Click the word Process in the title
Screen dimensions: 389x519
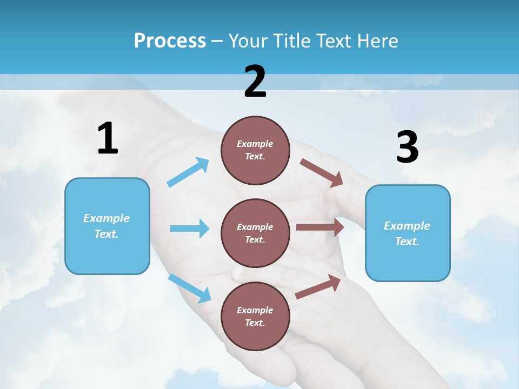(170, 41)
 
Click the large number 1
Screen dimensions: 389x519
(107, 138)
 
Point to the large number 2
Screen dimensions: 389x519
(255, 82)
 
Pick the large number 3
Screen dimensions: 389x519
(407, 147)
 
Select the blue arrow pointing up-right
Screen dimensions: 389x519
(188, 172)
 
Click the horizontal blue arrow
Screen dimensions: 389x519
(189, 229)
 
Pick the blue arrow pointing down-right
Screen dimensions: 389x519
(190, 288)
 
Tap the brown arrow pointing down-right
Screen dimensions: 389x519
(322, 173)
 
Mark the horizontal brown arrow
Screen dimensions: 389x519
(320, 227)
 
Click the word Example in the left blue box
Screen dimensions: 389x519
(107, 218)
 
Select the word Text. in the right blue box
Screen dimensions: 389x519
(407, 242)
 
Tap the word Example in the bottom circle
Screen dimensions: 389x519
(255, 310)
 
